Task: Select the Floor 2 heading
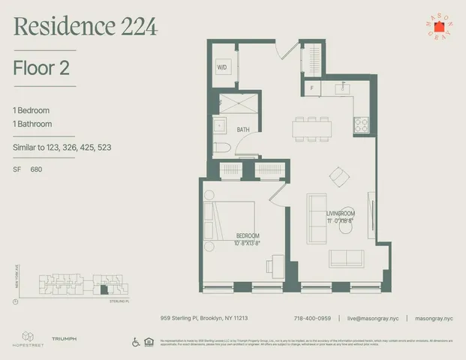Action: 42,68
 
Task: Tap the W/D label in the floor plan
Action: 222,67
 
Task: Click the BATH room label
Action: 243,130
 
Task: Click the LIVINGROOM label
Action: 340,214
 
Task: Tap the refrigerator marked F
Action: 311,88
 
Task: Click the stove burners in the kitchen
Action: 362,124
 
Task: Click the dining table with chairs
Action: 311,127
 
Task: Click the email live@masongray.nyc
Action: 374,317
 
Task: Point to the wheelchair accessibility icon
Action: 134,342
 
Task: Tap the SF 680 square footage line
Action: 28,169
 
